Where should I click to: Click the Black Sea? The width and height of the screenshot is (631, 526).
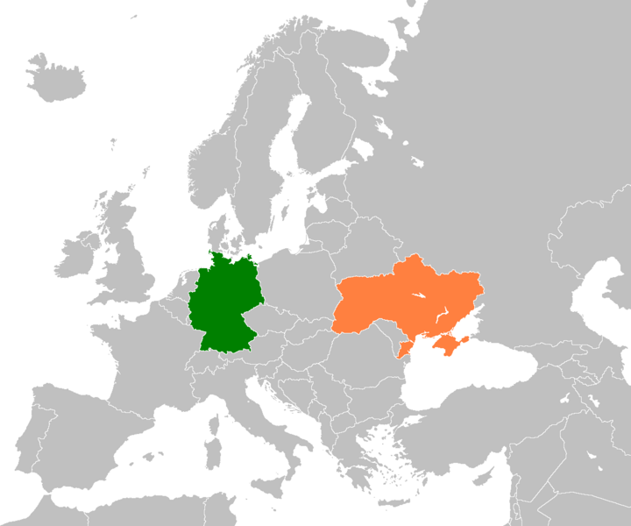(x=464, y=377)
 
